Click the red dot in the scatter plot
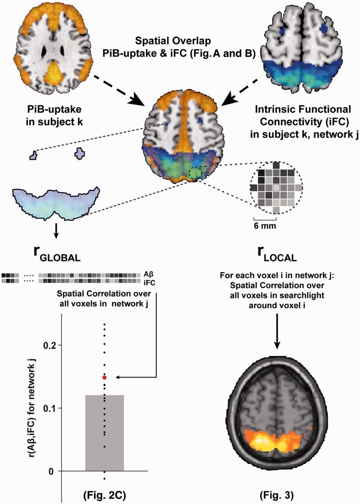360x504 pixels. pos(104,378)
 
